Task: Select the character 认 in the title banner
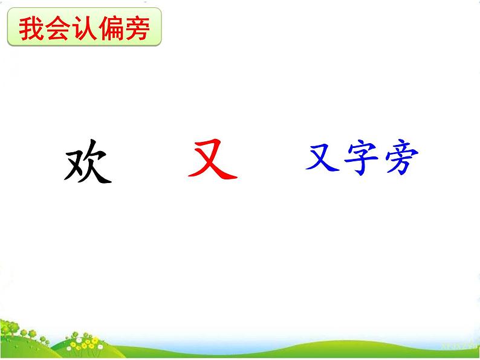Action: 84,29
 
